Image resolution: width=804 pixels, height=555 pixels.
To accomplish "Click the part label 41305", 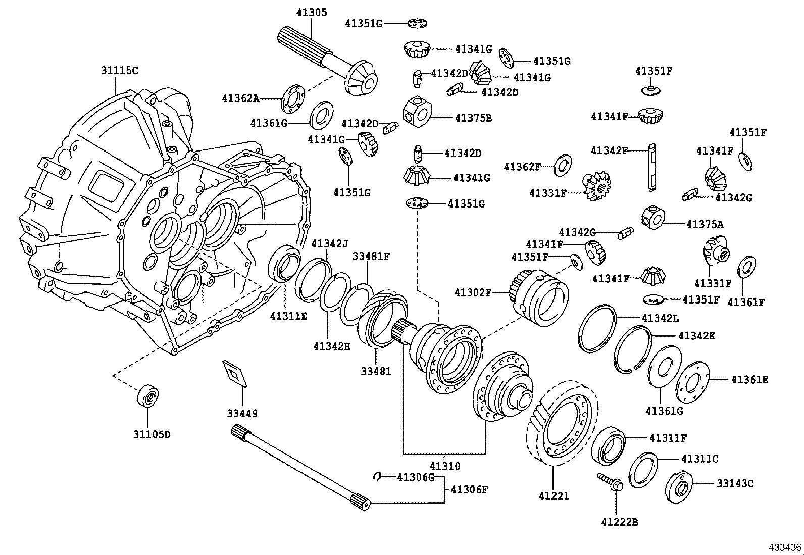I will tap(312, 12).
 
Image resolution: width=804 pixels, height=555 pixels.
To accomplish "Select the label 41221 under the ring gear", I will tap(554, 496).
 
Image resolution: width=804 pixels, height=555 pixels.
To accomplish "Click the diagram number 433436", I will tap(785, 547).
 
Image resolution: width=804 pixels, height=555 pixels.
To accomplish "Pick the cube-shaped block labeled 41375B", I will tap(417, 112).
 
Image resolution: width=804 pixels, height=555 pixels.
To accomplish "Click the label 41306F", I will tap(469, 489).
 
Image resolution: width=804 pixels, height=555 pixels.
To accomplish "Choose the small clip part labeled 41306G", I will tap(377, 476).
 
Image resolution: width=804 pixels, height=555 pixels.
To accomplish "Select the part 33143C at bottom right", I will tap(678, 487).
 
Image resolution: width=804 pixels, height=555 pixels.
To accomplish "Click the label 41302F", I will tap(472, 292).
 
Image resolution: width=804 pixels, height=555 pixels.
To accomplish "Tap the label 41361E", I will tap(749, 379).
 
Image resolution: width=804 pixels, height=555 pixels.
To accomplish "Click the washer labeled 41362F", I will tap(562, 165).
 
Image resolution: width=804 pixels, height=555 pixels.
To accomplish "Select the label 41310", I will tap(445, 466).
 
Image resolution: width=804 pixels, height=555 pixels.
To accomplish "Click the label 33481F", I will tap(371, 256).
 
